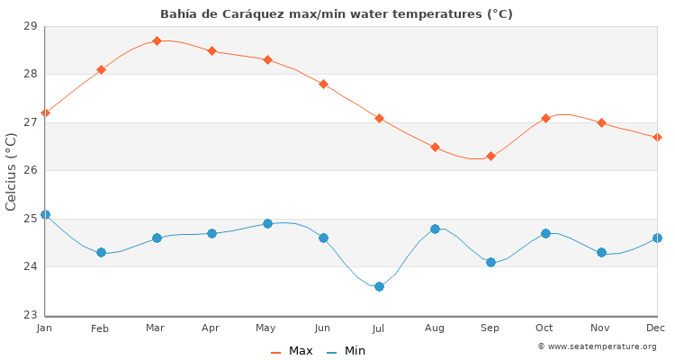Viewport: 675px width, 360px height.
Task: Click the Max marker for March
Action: (157, 40)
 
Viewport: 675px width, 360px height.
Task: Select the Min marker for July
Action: (379, 286)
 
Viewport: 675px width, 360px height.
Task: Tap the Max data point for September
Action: (490, 156)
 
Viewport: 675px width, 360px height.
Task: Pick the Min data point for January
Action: (45, 214)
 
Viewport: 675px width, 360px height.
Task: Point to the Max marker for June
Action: (323, 84)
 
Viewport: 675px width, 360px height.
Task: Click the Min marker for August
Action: (435, 229)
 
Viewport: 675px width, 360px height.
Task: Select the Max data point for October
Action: (545, 118)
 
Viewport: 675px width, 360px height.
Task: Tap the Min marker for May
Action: (267, 223)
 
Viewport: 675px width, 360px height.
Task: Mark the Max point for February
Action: (101, 69)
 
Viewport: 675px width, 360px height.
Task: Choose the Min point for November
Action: (601, 252)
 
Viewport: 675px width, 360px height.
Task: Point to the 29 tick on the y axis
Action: (31, 26)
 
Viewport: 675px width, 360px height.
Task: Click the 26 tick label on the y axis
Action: (31, 170)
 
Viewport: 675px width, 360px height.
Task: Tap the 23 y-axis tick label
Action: (31, 315)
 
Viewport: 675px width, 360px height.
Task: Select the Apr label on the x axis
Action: (211, 328)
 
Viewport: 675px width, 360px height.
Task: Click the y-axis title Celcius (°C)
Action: (12, 171)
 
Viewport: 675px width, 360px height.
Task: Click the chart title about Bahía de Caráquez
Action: (337, 13)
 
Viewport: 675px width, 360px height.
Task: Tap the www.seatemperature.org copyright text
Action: (597, 346)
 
